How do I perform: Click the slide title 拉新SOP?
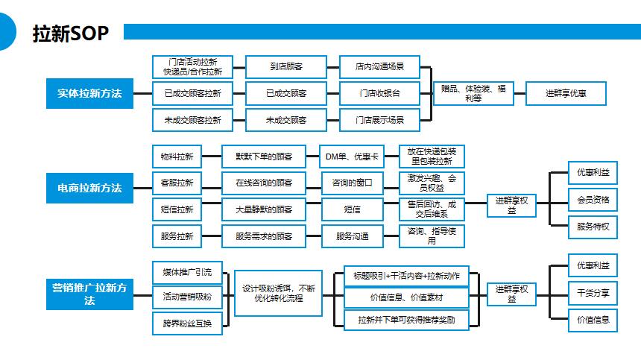pos(72,34)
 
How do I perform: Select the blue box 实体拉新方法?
pos(89,94)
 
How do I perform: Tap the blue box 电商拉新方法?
pos(89,188)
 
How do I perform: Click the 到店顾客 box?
pos(286,66)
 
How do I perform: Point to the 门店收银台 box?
pos(379,93)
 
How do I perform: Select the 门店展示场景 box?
pos(379,120)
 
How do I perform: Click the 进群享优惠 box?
pos(566,93)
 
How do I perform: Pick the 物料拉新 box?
pos(177,157)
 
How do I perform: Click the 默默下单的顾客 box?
pos(263,157)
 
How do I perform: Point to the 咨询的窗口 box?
pos(352,183)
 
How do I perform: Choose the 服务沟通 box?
pos(352,236)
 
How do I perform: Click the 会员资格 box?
pos(593,200)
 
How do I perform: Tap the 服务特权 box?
pos(593,227)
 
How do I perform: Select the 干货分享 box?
pos(593,293)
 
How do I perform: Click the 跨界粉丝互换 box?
pos(187,323)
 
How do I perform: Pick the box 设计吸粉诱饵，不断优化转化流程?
pos(278,293)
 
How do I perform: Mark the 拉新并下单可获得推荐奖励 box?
pos(406,320)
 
